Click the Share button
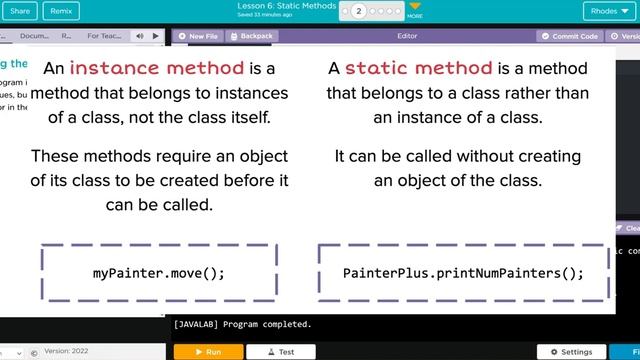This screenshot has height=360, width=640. pos(19,11)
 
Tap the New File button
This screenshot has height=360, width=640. pos(199,36)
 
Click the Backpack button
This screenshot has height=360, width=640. pos(252,36)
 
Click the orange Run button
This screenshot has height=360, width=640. pos(208,352)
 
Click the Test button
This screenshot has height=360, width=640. pos(281,352)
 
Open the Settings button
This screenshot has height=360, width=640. pos(571,352)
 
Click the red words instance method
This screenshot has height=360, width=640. pos(157,69)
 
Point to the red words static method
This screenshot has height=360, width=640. pos(418,69)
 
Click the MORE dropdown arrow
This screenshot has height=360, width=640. pos(415,8)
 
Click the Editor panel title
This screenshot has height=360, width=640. pos(407,36)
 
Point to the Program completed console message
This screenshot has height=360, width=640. pos(242,325)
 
